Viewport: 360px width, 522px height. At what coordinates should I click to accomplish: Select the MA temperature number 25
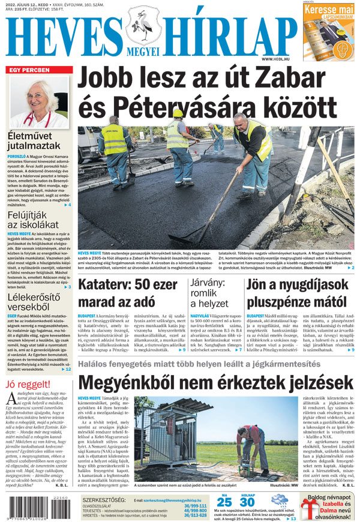click(224, 502)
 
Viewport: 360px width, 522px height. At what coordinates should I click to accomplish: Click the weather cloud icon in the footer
click(278, 499)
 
